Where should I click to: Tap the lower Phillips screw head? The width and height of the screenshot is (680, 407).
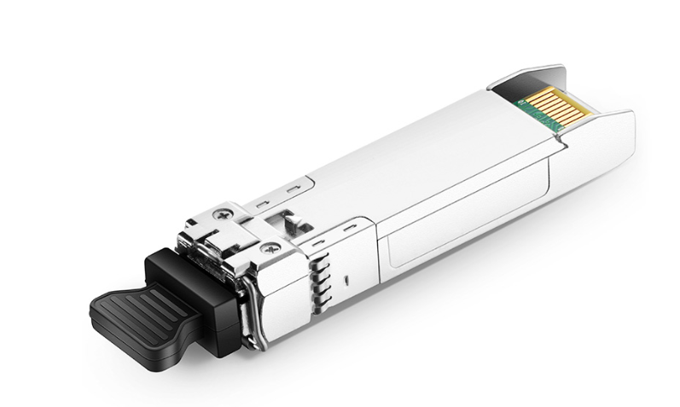pos(271,248)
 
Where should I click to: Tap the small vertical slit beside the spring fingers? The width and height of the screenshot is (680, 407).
pos(347,279)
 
